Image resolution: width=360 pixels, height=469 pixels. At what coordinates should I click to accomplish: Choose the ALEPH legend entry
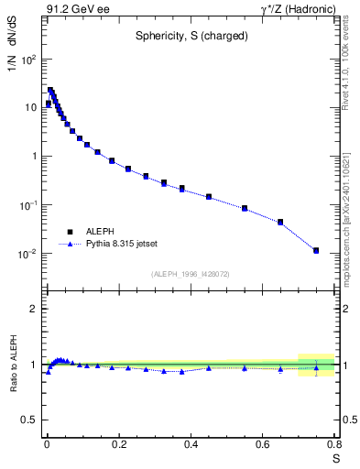click(101, 233)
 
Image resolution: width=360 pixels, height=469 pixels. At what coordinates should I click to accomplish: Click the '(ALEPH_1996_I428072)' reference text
click(191, 273)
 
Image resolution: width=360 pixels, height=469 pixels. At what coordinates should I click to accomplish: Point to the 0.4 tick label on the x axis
click(191, 444)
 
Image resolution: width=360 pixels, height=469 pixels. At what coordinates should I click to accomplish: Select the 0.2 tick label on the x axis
click(118, 444)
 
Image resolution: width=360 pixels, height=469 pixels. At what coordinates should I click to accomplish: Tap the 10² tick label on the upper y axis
click(27, 60)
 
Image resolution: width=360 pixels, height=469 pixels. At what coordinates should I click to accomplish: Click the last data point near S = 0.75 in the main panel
click(316, 250)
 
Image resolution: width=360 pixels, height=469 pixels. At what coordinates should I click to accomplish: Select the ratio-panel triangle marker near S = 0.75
click(316, 368)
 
